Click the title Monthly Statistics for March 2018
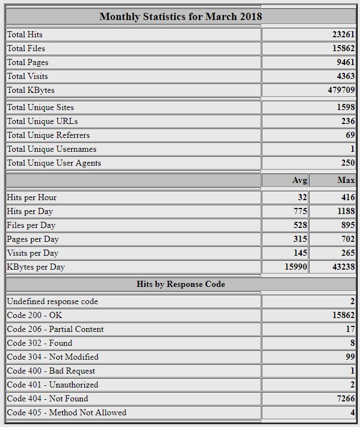[181, 16]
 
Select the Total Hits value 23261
[343, 34]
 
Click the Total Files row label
[26, 48]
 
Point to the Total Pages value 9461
[345, 62]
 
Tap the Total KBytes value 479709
[341, 90]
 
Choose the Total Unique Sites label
[40, 107]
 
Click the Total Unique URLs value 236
[348, 121]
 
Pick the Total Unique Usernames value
[352, 149]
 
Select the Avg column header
[299, 180]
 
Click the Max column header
[346, 180]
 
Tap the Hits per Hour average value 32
[302, 197]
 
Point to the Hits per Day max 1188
[345, 211]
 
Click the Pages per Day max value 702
[348, 239]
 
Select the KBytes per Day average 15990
[296, 267]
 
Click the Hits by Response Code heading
[181, 284]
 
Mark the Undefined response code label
[52, 301]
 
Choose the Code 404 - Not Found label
[47, 399]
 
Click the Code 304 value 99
[349, 357]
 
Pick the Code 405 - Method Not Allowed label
[67, 413]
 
